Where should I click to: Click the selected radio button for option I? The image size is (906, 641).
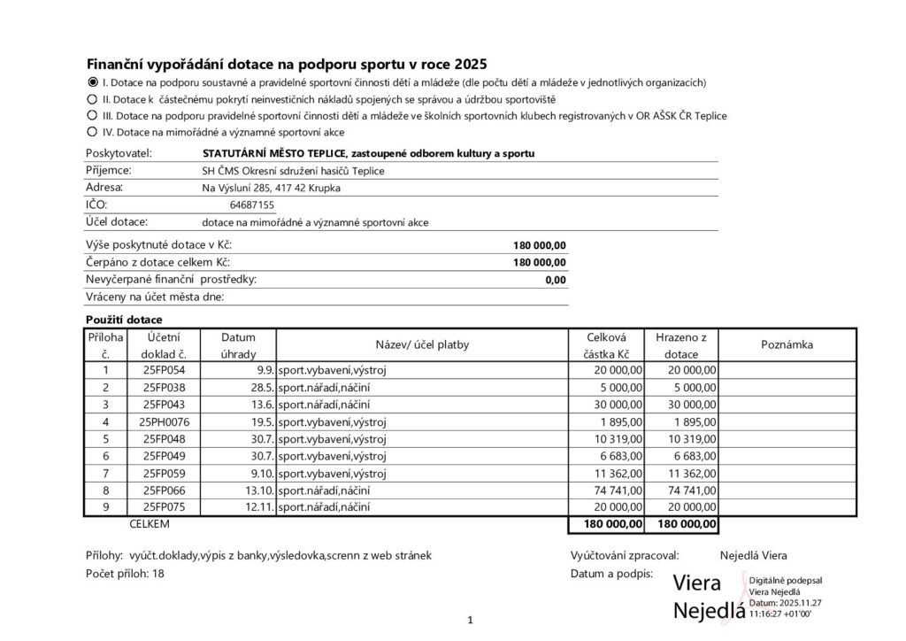pyautogui.click(x=92, y=82)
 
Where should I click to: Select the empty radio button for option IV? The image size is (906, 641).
pyautogui.click(x=92, y=132)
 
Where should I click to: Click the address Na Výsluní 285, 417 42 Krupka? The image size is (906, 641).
pyautogui.click(x=271, y=188)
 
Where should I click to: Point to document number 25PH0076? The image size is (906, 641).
pyautogui.click(x=165, y=421)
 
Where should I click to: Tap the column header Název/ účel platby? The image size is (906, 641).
pyautogui.click(x=422, y=344)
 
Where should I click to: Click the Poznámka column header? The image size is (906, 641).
pyautogui.click(x=787, y=344)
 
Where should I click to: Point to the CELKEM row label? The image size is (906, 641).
pyautogui.click(x=149, y=525)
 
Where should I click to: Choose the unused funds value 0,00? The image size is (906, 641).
pyautogui.click(x=556, y=280)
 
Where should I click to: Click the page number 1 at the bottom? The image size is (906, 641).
pyautogui.click(x=471, y=619)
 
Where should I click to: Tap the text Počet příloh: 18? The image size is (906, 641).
pyautogui.click(x=125, y=574)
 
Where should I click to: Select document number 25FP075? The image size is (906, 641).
pyautogui.click(x=165, y=507)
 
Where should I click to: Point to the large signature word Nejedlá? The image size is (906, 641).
pyautogui.click(x=708, y=611)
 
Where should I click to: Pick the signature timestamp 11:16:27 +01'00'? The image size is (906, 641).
pyautogui.click(x=785, y=613)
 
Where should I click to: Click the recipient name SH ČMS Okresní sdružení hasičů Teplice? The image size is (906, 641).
pyautogui.click(x=294, y=171)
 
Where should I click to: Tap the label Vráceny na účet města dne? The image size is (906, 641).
pyautogui.click(x=155, y=297)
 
